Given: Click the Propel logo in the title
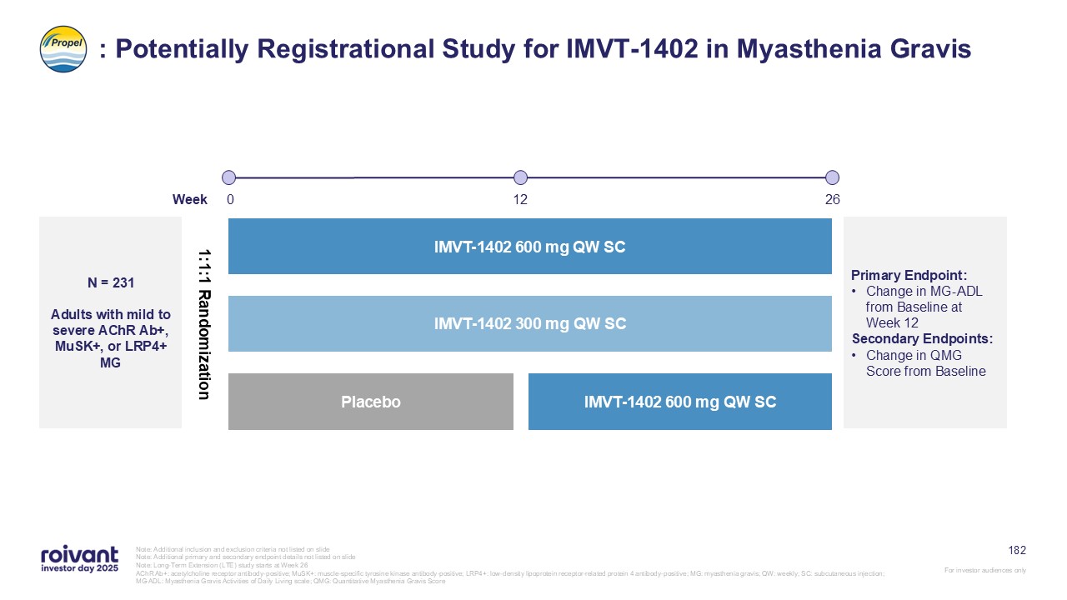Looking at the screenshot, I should (x=63, y=48).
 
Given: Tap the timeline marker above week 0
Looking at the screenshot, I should (x=229, y=177).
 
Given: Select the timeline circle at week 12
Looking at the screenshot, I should (x=520, y=177).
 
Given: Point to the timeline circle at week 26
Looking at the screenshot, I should (x=832, y=177).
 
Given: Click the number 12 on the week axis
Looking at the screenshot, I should (x=520, y=200).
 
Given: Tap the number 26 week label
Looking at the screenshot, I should (x=832, y=200).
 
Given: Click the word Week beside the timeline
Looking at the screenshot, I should (x=190, y=200).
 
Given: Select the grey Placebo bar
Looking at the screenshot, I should (x=371, y=402).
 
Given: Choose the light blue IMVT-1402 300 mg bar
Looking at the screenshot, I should (x=530, y=323).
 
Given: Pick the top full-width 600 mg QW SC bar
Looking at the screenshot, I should (x=530, y=247).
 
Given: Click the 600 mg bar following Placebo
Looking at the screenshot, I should (x=680, y=402).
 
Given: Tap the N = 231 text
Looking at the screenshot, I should (x=111, y=283).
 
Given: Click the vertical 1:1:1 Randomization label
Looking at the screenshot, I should (x=203, y=323).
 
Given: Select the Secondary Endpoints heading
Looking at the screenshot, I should (x=922, y=339).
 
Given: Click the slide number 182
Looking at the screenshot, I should (x=1017, y=550).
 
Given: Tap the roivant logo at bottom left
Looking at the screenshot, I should (x=79, y=559).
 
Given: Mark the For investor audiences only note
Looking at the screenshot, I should (x=985, y=570).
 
